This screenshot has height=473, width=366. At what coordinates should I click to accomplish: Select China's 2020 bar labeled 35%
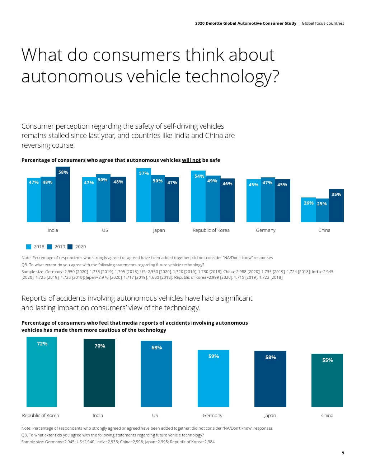pos(336,206)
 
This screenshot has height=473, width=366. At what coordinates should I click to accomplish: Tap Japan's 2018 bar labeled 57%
pos(144,195)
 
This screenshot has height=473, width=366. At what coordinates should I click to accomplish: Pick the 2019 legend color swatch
pos(50,247)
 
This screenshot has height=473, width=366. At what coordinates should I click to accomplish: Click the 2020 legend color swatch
pos(70,247)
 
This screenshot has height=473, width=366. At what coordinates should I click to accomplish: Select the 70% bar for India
pos(99,373)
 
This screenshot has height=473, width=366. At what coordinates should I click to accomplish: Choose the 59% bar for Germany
pos(213,378)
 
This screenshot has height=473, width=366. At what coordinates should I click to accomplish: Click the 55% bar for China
pos(327,381)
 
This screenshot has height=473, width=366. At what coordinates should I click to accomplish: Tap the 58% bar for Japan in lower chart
pos(270,379)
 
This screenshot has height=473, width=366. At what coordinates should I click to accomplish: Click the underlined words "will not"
pos(191,160)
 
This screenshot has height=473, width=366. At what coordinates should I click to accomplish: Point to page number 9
pos(343,453)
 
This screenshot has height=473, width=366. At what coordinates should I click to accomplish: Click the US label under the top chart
pos(105,230)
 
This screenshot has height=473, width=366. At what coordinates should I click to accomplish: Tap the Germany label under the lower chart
pos(212,415)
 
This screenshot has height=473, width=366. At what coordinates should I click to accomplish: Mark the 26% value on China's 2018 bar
pos(309,203)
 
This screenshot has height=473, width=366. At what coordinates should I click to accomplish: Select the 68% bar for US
pos(156,374)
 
